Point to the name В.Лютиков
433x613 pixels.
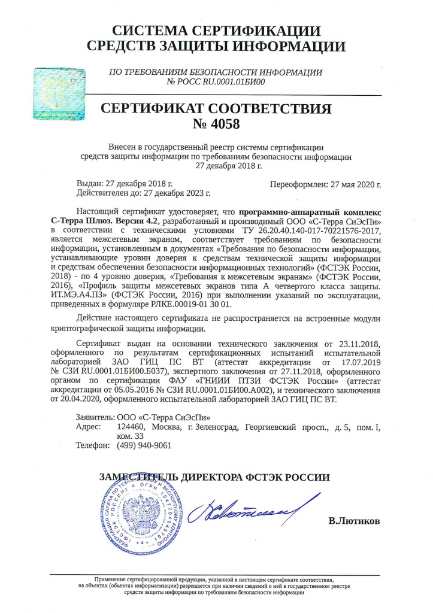354,521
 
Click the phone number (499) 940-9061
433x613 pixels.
144,445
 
